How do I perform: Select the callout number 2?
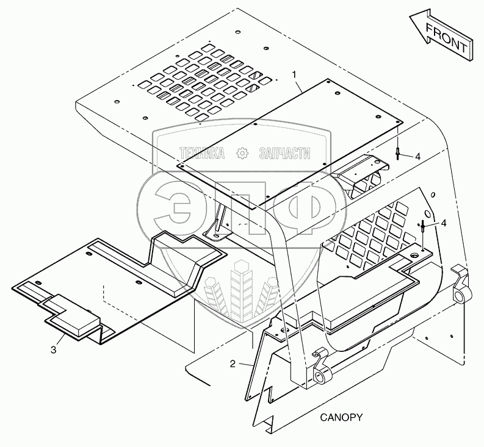pos(233,364)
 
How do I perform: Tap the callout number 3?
pos(54,349)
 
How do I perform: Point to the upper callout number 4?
pos(417,157)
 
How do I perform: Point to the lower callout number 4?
pos(443,223)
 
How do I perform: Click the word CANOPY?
pos(342,418)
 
